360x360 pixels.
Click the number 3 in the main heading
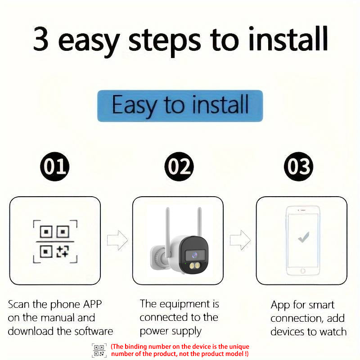[x=41, y=40]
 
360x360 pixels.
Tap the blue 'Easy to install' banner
[x=180, y=106]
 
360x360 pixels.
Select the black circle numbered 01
[x=55, y=167]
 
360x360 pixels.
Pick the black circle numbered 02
[x=179, y=167]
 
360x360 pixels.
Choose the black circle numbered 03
[x=299, y=167]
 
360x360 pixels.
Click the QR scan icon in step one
[x=55, y=242]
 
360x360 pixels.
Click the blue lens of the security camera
[x=194, y=254]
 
